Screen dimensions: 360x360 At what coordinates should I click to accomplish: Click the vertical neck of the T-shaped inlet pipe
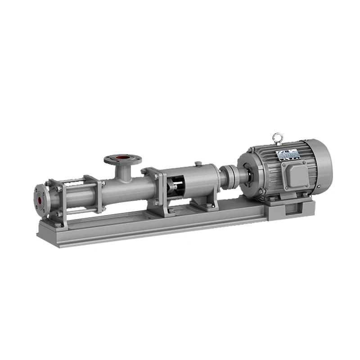tap(123, 172)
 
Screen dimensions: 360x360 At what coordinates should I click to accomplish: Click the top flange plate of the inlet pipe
tap(123, 159)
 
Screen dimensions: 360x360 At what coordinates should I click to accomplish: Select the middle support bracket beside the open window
tap(153, 187)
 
